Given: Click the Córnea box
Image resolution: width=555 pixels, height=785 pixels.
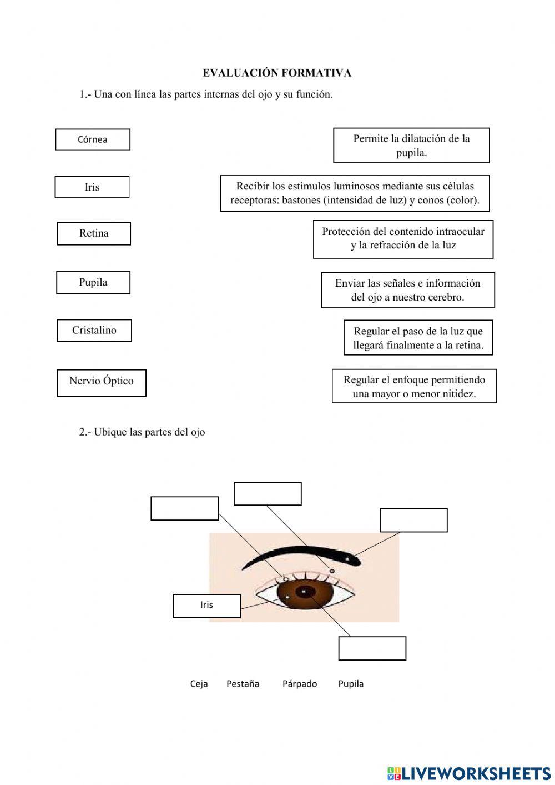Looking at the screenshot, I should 93,139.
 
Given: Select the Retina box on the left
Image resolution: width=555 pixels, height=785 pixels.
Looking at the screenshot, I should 94,233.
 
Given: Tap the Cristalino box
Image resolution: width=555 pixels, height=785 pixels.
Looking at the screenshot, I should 94,331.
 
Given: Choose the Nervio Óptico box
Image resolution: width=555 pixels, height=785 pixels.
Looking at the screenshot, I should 101,383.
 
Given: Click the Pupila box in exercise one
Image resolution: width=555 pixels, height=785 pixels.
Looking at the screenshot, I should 93,282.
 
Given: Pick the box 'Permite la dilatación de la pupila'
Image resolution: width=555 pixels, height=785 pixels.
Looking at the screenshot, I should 411,146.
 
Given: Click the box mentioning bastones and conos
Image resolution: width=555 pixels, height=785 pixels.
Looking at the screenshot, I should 355,193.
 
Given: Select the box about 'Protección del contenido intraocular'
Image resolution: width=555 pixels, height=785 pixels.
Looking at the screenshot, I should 403,239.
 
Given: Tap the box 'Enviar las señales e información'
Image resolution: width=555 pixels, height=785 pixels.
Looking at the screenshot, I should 407,290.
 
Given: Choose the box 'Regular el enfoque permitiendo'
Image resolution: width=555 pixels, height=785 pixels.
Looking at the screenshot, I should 414,386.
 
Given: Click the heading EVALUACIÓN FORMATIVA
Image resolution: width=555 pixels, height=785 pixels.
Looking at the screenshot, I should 276,73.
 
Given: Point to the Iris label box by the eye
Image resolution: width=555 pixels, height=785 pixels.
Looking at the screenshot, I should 206,606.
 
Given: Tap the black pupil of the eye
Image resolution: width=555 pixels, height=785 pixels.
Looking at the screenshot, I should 304,592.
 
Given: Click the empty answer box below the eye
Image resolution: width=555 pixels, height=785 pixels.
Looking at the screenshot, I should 372,648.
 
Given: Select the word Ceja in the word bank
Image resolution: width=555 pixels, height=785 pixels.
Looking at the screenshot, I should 199,684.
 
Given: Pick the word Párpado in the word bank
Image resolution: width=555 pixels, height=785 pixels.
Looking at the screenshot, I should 299,684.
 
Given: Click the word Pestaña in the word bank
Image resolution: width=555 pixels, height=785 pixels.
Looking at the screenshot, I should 243,684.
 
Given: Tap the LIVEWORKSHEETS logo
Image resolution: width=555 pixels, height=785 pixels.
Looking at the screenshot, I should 469,773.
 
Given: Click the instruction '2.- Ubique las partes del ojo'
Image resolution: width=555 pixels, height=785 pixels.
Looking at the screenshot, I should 142,432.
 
